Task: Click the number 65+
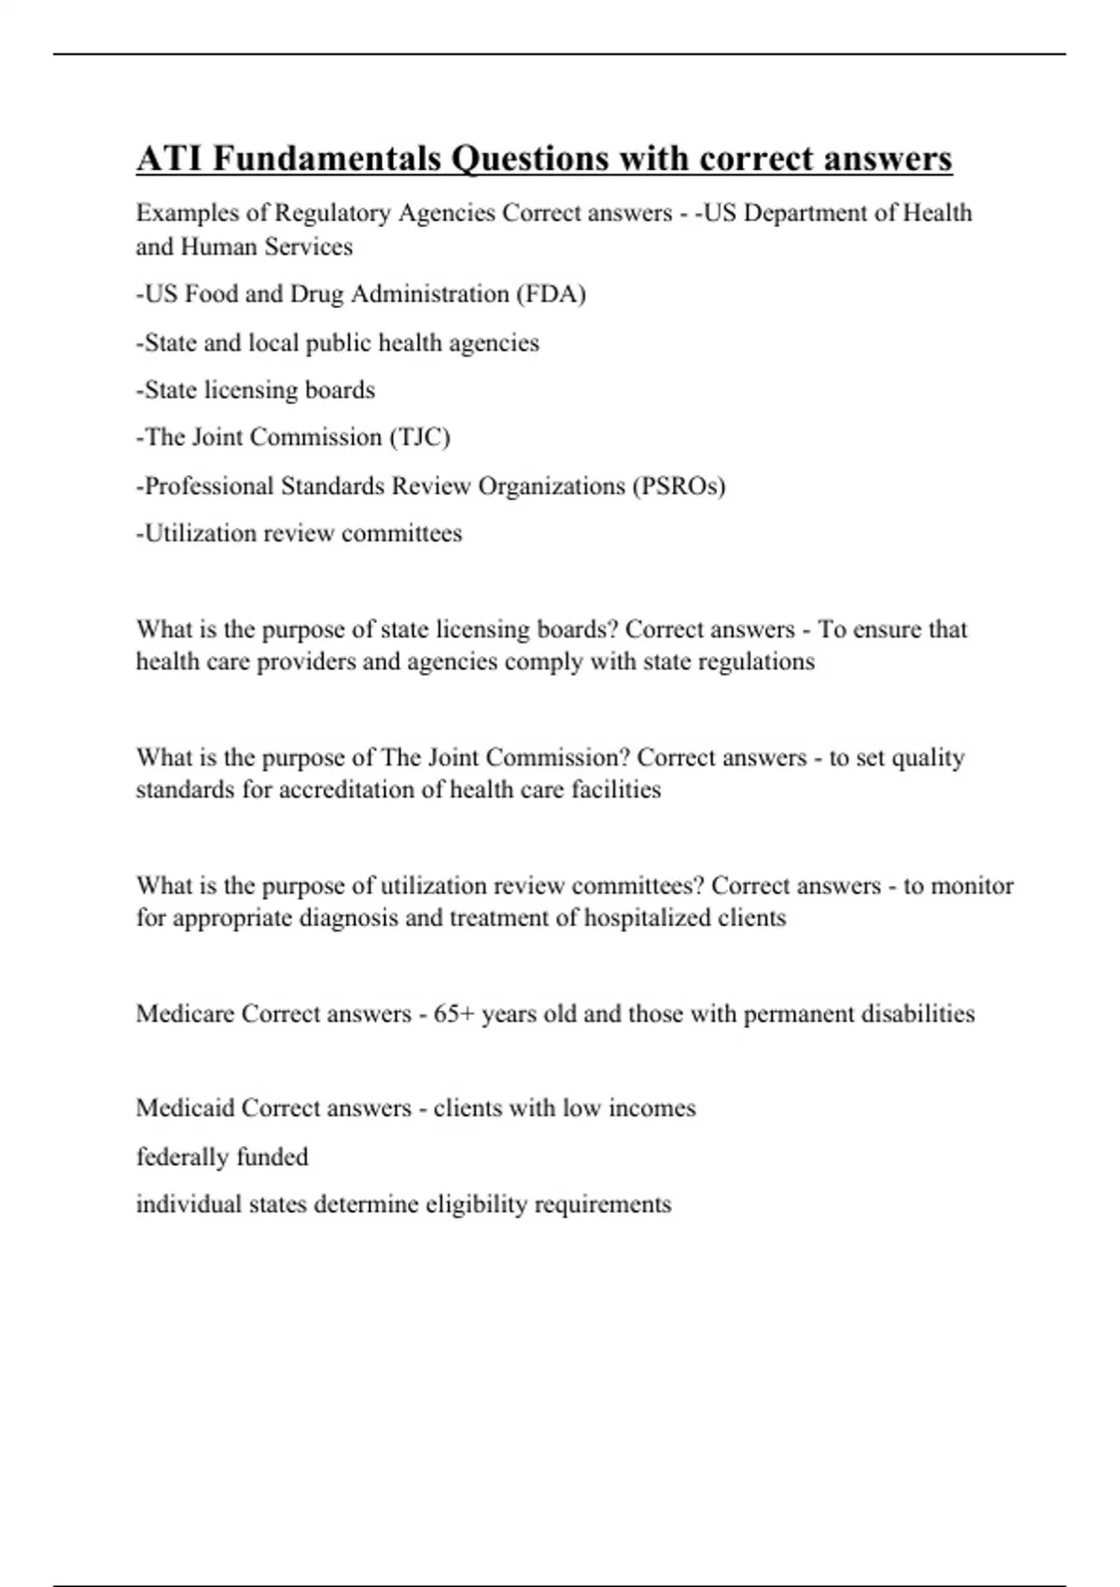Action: coord(455,1014)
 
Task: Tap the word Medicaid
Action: coord(185,1108)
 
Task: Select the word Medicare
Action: coord(185,1014)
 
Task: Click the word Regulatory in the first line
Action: coord(332,214)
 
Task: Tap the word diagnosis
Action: coord(348,918)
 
